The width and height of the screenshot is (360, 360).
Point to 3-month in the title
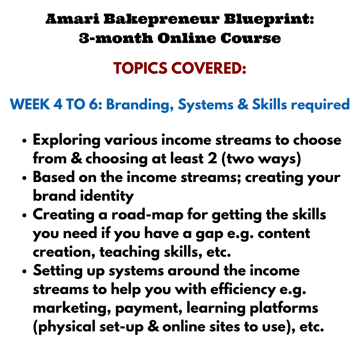point(116,38)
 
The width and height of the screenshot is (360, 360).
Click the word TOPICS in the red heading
point(140,68)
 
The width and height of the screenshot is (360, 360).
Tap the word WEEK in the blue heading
point(30,104)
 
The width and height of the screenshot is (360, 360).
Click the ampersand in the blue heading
point(243,104)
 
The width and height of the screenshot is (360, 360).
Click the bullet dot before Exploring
point(24,141)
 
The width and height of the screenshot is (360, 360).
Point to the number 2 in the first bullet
point(212,159)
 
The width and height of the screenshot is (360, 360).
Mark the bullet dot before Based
point(24,178)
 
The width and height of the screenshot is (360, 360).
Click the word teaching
point(129,252)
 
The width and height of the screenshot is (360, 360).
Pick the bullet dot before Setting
point(24,271)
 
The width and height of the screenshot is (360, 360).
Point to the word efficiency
point(243,290)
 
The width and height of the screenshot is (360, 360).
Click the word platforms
point(284,308)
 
